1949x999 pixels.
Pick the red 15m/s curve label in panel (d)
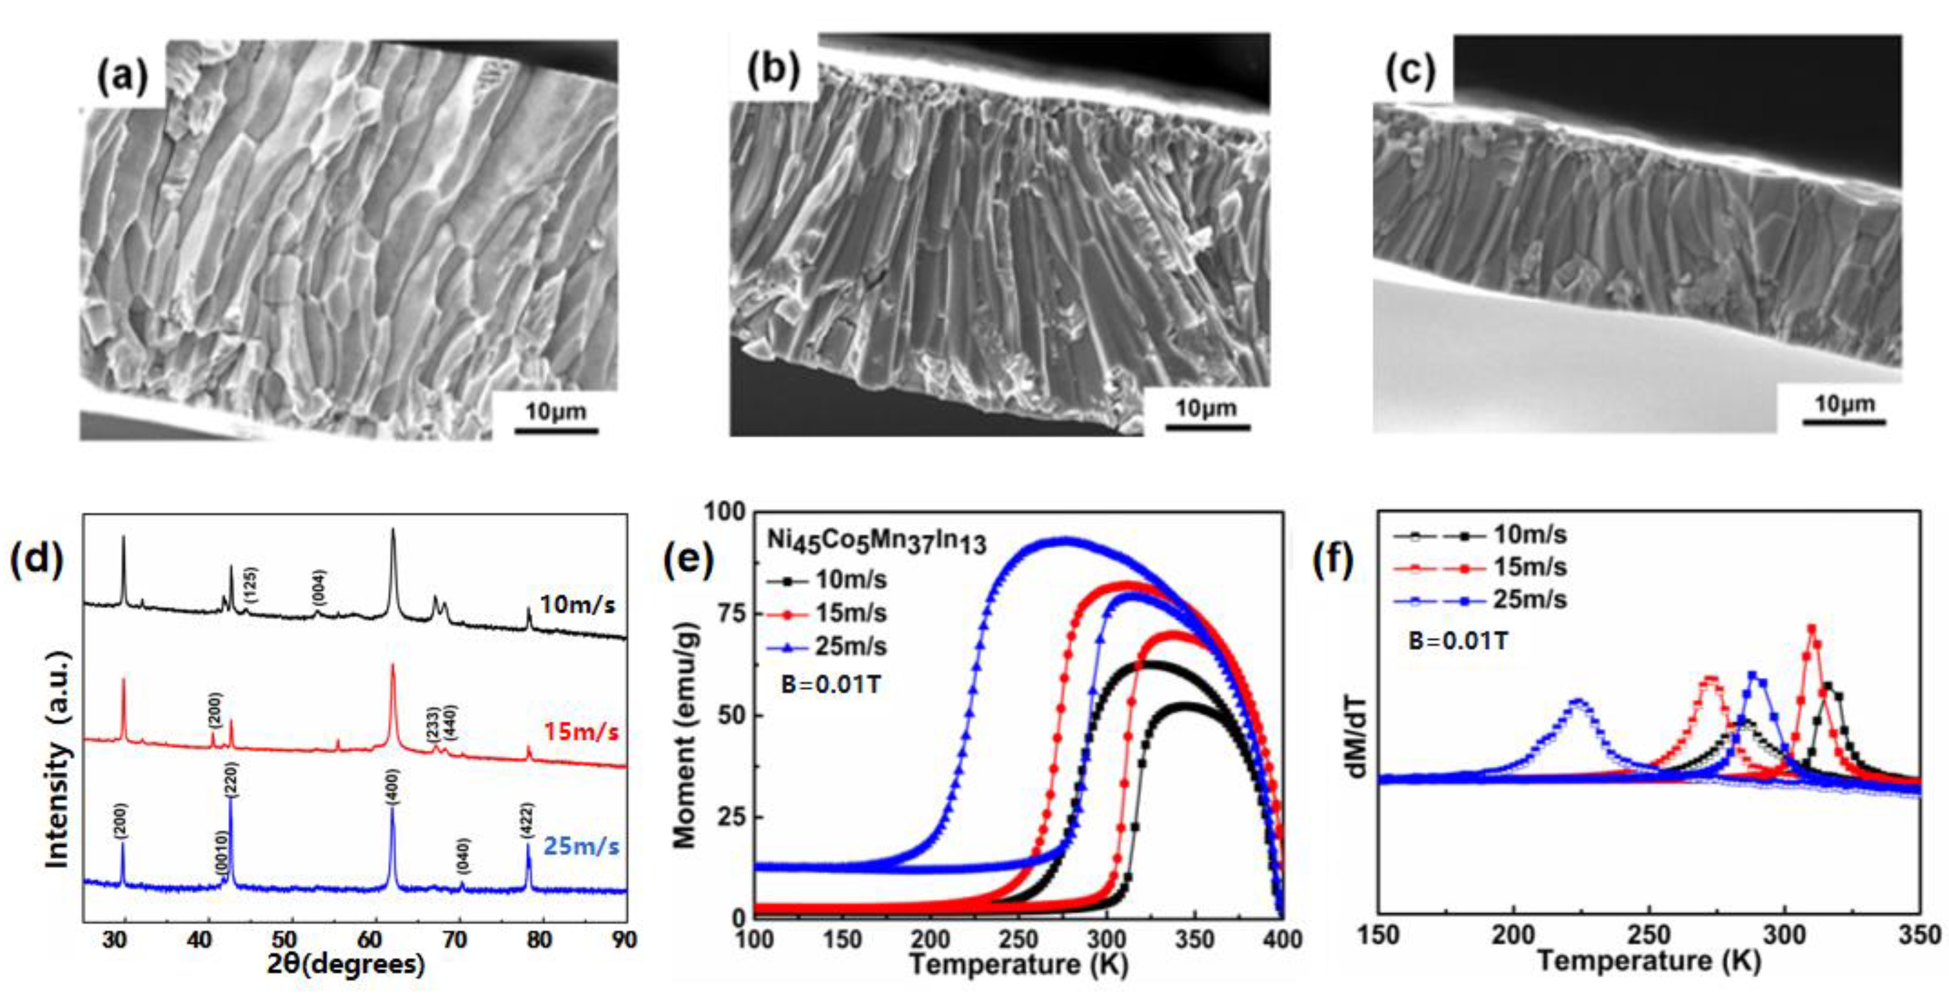580,732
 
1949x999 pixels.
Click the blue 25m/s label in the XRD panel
581,845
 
